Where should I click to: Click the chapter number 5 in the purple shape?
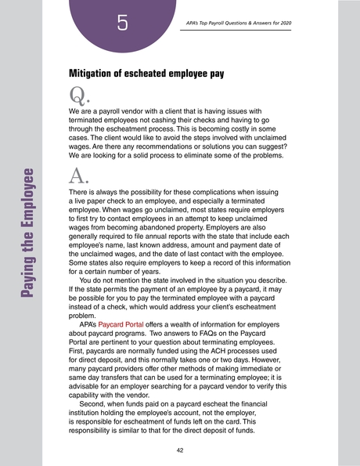(121, 23)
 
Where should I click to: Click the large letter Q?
(77, 97)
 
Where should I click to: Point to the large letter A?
(77, 175)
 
